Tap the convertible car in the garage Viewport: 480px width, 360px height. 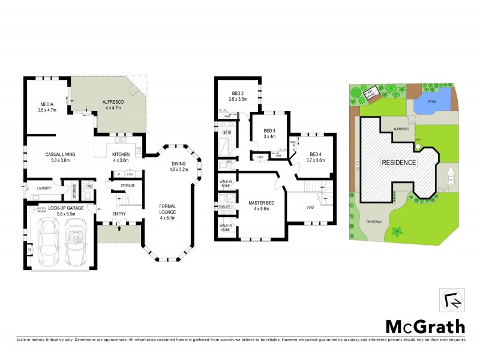[75, 243]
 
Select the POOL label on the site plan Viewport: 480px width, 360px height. [432, 102]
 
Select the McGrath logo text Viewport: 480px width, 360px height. [424, 326]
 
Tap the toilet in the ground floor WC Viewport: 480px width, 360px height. [88, 187]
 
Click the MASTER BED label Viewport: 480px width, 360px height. [261, 203]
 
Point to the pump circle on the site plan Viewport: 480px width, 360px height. [418, 146]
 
